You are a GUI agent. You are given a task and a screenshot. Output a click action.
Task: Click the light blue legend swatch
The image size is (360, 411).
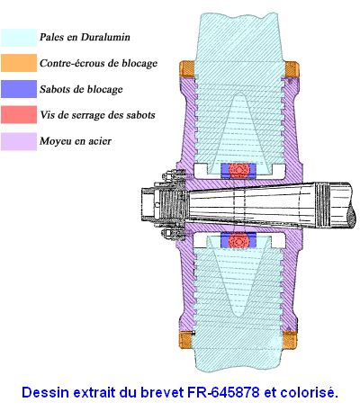pyautogui.click(x=19, y=38)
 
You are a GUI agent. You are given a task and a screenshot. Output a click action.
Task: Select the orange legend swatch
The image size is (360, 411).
pyautogui.click(x=19, y=63)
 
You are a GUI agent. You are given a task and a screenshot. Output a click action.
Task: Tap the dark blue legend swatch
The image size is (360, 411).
pyautogui.click(x=19, y=89)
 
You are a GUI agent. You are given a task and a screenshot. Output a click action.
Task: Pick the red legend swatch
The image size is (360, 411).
pyautogui.click(x=19, y=114)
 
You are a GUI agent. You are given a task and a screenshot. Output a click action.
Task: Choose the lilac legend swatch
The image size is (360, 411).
pyautogui.click(x=19, y=141)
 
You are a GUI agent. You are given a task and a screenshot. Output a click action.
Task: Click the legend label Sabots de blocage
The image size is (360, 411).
pyautogui.click(x=81, y=89)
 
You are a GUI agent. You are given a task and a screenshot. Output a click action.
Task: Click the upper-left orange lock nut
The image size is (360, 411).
pyautogui.click(x=187, y=69)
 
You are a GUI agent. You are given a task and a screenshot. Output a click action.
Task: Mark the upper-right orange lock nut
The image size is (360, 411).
pyautogui.click(x=292, y=69)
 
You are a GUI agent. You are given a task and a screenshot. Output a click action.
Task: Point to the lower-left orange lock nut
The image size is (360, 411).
pyautogui.click(x=185, y=340)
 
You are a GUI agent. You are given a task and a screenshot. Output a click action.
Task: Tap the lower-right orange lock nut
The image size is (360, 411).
pyautogui.click(x=291, y=340)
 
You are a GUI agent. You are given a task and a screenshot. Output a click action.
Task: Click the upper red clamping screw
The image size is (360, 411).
pyautogui.click(x=239, y=170)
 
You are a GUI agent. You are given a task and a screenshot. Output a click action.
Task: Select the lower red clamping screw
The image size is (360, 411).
pyautogui.click(x=239, y=240)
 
